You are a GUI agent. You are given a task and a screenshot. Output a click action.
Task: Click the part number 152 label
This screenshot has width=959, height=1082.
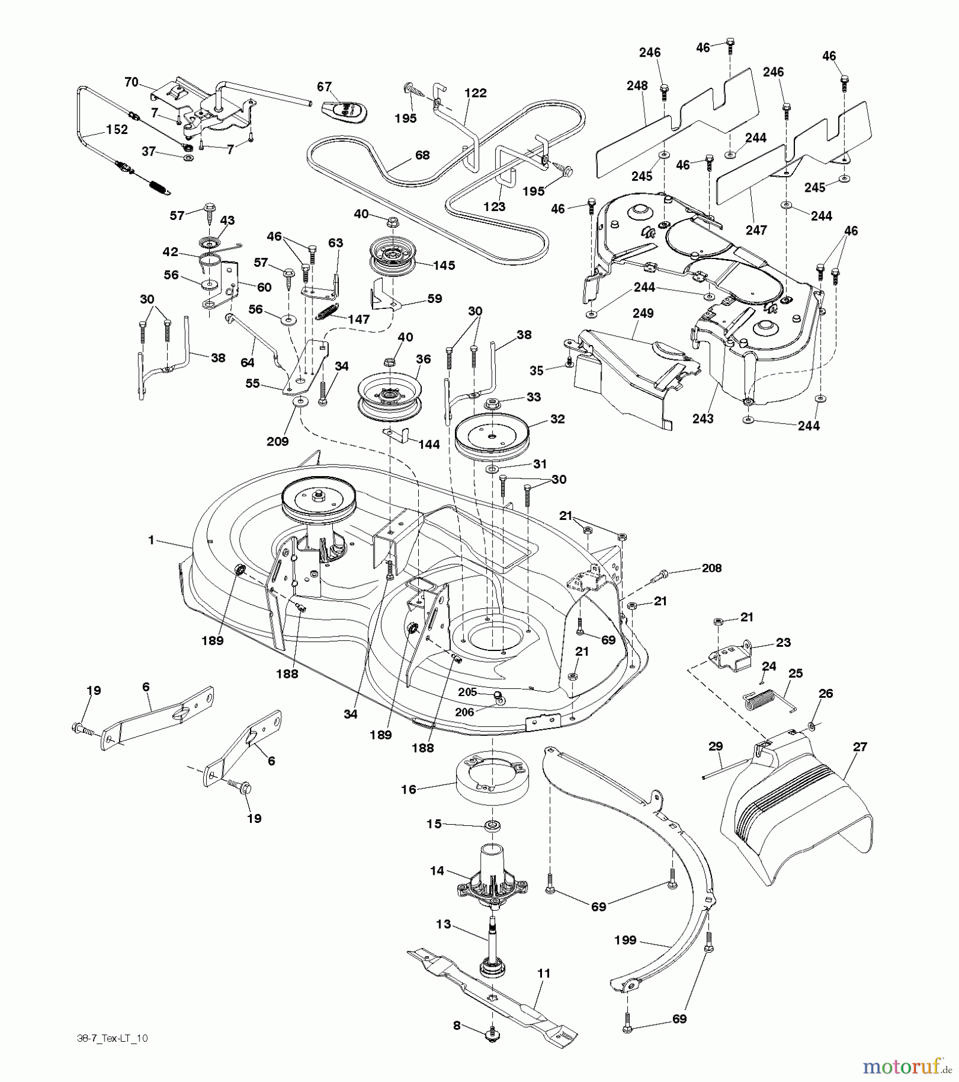pos(117,129)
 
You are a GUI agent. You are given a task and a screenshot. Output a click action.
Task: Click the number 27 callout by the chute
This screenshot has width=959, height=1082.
pos(860,747)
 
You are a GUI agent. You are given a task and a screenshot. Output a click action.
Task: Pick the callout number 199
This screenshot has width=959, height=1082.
pos(626,940)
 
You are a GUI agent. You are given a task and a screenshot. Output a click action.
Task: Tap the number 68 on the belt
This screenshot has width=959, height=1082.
pos(422,155)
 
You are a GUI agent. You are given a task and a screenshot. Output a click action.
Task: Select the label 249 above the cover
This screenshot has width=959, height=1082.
pos(643,313)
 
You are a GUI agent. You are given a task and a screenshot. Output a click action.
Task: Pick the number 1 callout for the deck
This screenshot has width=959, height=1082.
pos(152,540)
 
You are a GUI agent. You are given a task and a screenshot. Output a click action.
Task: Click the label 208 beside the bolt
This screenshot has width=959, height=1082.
pos(711,567)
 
